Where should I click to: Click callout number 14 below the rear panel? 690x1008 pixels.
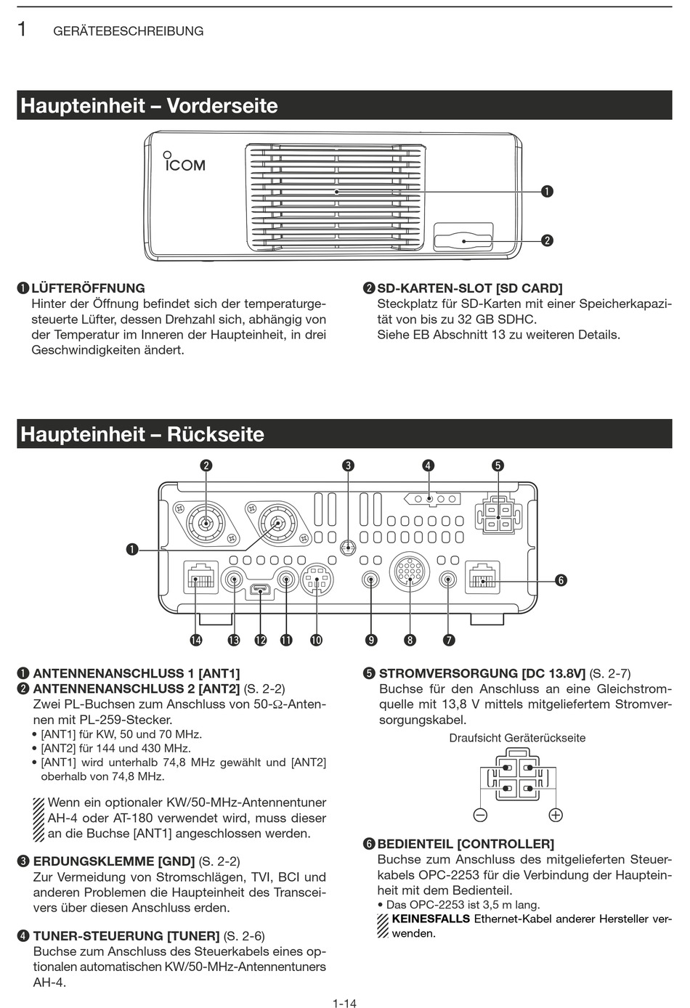pyautogui.click(x=196, y=640)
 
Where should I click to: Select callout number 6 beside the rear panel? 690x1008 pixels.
pyautogui.click(x=561, y=580)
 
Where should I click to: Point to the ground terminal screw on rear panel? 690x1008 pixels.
pyautogui.click(x=349, y=548)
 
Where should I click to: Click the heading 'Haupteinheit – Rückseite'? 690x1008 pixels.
pyautogui.click(x=142, y=434)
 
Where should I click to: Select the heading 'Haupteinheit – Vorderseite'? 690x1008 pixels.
pyautogui.click(x=149, y=106)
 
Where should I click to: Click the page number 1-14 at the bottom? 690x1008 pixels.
pyautogui.click(x=344, y=1003)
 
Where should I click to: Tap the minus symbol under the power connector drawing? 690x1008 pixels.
pyautogui.click(x=480, y=815)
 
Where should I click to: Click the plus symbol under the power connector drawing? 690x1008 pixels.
pyautogui.click(x=556, y=815)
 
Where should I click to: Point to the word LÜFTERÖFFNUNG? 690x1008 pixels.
pyautogui.click(x=88, y=288)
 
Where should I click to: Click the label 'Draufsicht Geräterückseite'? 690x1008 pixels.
pyautogui.click(x=517, y=738)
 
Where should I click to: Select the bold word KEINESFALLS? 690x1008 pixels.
pyautogui.click(x=431, y=919)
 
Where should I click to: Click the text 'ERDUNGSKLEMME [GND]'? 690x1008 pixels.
pyautogui.click(x=114, y=861)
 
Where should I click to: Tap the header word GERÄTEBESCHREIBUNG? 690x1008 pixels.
pyautogui.click(x=129, y=31)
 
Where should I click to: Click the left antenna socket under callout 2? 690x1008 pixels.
pyautogui.click(x=206, y=522)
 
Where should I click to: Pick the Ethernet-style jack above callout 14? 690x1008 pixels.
pyautogui.click(x=200, y=578)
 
